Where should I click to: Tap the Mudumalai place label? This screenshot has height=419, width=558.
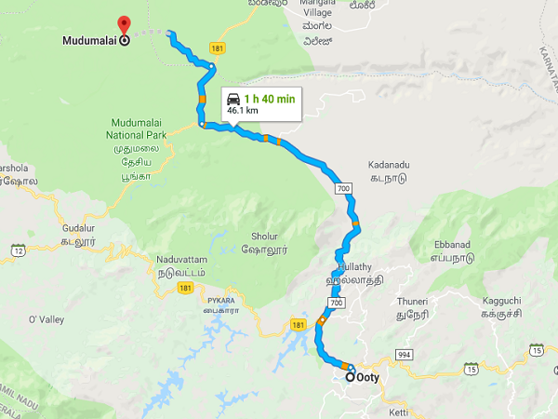89,40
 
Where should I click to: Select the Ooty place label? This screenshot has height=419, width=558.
369,378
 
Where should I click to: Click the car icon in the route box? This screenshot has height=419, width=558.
234,99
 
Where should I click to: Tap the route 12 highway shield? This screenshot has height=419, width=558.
18,250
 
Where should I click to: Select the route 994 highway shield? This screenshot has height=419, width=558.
403,355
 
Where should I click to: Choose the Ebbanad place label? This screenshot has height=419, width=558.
452,245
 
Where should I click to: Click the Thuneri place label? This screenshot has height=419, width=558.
411,301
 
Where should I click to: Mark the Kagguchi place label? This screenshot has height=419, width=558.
501,300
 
